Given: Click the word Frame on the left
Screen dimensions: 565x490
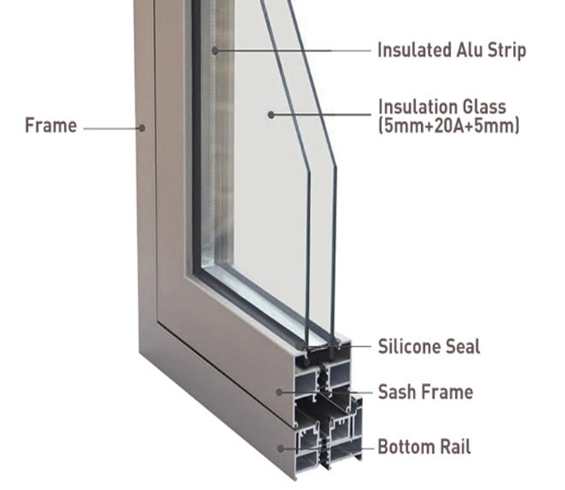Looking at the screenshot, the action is click(x=50, y=125).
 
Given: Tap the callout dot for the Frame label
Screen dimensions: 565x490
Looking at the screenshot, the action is click(x=142, y=128).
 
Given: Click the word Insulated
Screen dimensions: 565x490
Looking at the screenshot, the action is click(x=414, y=50).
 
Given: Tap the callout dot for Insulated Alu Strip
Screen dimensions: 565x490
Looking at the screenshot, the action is click(x=215, y=51).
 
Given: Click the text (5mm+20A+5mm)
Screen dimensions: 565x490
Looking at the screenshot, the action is click(x=449, y=126).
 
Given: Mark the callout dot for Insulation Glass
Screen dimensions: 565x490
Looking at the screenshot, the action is click(x=271, y=115).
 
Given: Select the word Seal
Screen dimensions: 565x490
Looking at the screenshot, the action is click(x=463, y=347).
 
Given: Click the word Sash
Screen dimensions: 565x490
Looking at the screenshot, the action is click(x=396, y=392).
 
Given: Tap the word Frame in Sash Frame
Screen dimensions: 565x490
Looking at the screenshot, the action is click(x=447, y=392).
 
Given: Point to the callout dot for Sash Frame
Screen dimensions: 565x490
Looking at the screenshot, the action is click(x=279, y=392).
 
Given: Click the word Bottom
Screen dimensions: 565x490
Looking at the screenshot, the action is click(x=406, y=447).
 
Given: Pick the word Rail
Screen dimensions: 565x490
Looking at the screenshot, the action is click(x=455, y=447).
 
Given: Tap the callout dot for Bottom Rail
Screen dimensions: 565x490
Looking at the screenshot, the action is click(x=281, y=449).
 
